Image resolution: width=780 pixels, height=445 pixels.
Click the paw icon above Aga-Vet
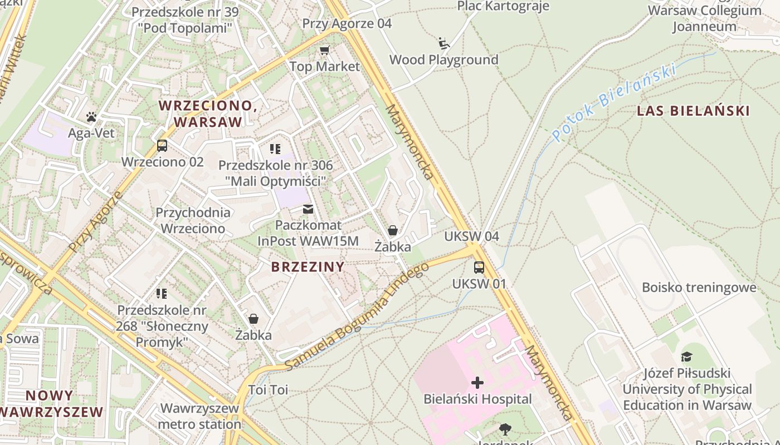(91, 117)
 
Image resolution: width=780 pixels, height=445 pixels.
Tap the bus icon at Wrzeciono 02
(162, 146)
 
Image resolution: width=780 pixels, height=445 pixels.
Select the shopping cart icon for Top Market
(324, 51)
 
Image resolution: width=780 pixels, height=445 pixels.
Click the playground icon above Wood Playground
(443, 43)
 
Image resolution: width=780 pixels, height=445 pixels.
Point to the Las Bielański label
(693, 111)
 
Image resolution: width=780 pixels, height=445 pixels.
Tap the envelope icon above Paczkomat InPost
(308, 209)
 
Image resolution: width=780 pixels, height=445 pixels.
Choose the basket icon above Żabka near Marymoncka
(393, 230)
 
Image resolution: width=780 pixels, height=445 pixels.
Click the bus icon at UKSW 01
(479, 268)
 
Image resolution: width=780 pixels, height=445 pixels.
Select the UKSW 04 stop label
(471, 236)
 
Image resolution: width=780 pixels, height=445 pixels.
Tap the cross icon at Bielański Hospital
(477, 383)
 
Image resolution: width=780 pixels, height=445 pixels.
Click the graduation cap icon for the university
(686, 357)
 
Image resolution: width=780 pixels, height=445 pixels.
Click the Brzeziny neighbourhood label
(308, 267)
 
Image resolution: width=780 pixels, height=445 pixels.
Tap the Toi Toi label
(268, 390)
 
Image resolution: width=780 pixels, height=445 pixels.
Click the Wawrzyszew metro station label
(199, 416)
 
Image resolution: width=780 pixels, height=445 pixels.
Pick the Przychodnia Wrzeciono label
(193, 220)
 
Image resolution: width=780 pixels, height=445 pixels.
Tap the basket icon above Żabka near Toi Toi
(253, 319)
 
